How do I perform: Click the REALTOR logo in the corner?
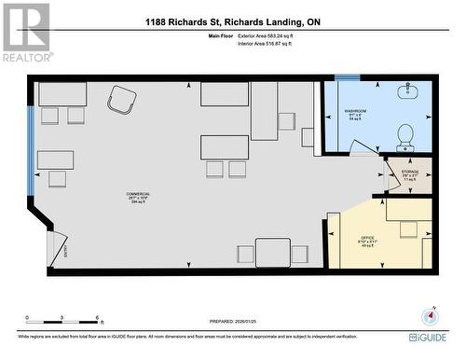[25, 33]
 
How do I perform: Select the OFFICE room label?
[367, 242]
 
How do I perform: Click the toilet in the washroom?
[405, 136]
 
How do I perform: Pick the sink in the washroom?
[408, 91]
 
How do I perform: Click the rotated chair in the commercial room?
[122, 98]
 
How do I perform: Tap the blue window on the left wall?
[31, 149]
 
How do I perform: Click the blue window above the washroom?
[347, 77]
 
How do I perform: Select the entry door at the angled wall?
[58, 245]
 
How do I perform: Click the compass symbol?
[429, 315]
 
